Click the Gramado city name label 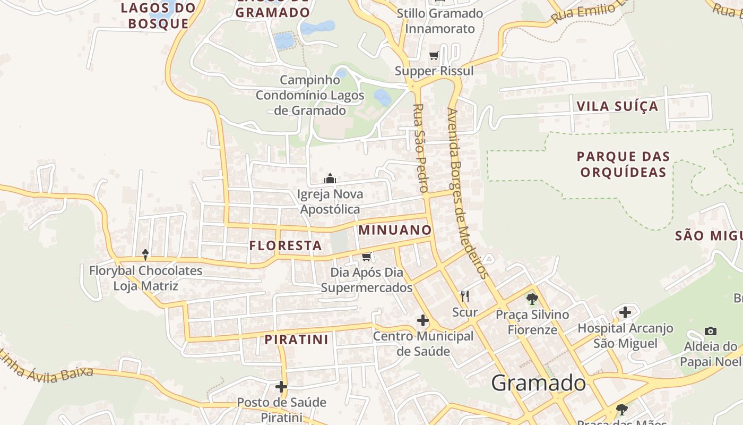coord(539,383)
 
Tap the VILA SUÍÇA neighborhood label coord(617,106)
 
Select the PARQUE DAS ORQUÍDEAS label coord(623,164)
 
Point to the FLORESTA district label coord(286,245)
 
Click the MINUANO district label coord(395,230)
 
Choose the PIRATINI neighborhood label coord(297,339)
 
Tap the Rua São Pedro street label coord(420,148)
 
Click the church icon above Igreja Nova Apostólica coord(330,178)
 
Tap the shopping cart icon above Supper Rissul coord(434,55)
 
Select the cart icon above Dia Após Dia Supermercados coord(366,257)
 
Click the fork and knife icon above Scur coord(465,296)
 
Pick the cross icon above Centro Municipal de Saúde coord(423,320)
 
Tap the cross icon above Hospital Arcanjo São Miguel coord(625,312)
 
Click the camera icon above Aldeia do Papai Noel coord(711,331)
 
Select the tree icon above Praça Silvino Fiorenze coord(532,299)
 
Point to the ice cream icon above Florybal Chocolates coord(145,255)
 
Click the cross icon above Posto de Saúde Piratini coord(281,386)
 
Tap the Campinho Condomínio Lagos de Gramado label coord(310,95)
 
